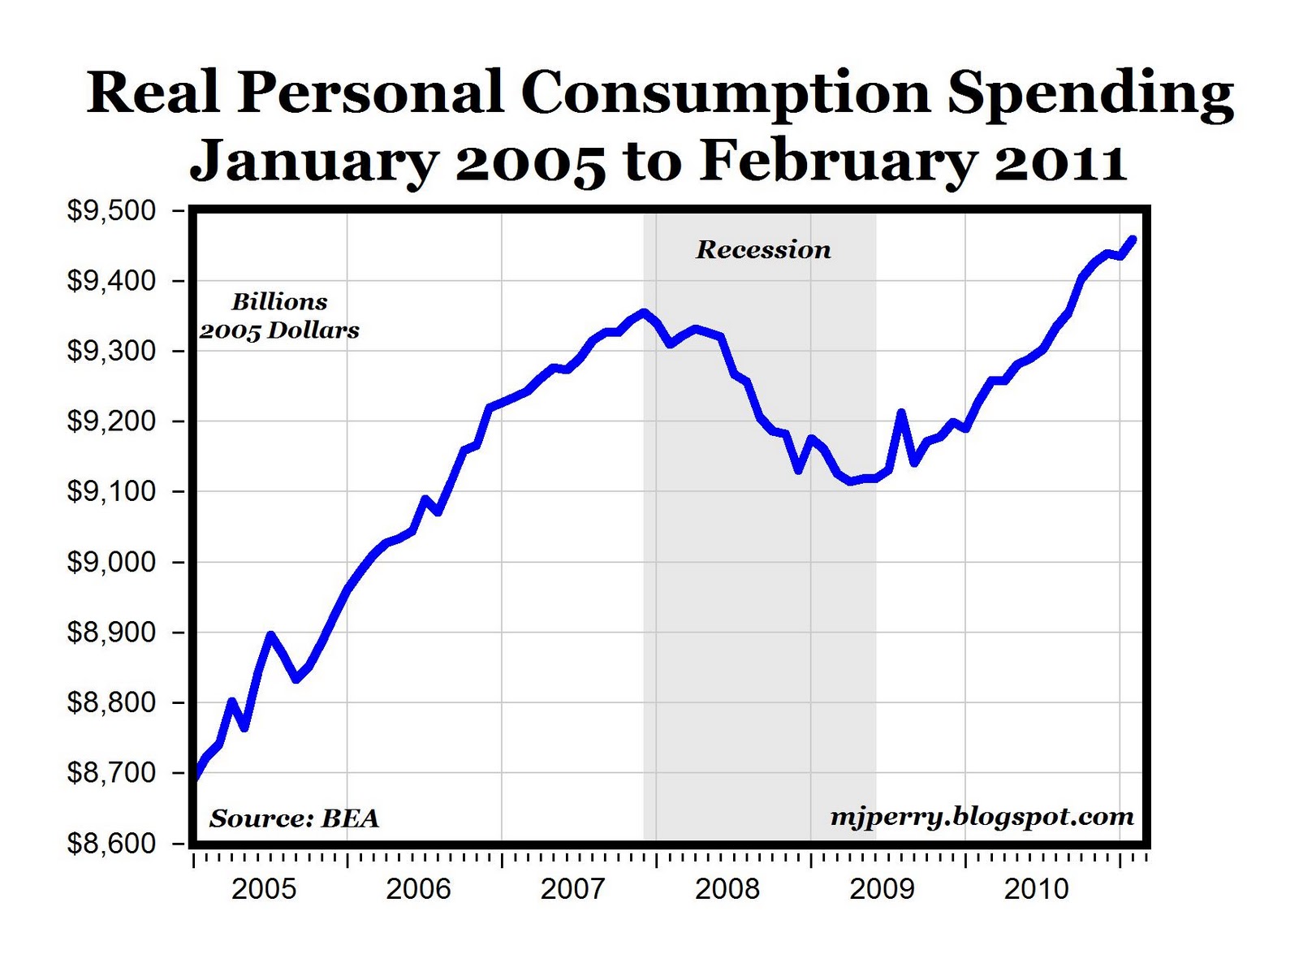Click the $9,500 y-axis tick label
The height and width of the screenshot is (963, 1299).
point(110,211)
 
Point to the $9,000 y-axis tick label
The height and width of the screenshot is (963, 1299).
point(110,562)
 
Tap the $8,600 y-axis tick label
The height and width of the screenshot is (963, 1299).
point(110,844)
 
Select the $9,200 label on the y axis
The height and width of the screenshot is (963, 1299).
point(110,421)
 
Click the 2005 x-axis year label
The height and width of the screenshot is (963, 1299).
point(264,889)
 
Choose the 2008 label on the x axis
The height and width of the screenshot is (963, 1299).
point(727,889)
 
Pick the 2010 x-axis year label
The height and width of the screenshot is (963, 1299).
point(1036,889)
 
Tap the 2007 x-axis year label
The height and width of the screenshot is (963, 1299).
point(573,889)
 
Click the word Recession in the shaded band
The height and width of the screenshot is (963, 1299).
point(763,249)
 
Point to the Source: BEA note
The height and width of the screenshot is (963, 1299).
point(294,818)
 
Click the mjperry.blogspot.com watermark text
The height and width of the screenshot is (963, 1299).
point(982,816)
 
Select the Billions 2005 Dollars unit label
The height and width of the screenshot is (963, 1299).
point(279,316)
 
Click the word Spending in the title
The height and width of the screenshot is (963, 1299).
point(1090,93)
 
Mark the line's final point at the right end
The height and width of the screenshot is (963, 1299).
point(1133,239)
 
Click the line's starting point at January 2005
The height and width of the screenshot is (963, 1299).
point(195,775)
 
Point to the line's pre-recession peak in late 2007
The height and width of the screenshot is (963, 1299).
point(644,312)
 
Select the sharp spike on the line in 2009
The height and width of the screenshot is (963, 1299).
point(901,413)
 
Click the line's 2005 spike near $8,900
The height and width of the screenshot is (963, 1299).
point(270,635)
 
